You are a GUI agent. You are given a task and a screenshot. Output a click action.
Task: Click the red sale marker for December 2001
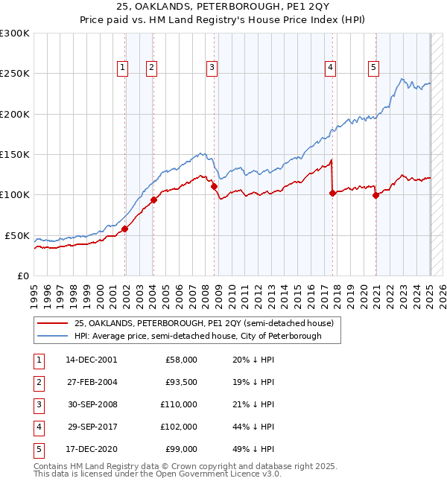(x=125, y=229)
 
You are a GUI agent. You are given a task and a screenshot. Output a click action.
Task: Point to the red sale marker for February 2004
(x=154, y=200)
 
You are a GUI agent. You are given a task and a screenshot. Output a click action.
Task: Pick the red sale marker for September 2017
(x=332, y=193)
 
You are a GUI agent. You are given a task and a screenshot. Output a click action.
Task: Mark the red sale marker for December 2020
(x=375, y=196)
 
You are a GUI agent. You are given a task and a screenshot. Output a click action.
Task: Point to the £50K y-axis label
(x=17, y=235)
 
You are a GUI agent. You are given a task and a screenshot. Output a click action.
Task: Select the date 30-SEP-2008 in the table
(x=92, y=404)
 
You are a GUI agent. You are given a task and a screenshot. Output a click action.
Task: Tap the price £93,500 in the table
(x=181, y=382)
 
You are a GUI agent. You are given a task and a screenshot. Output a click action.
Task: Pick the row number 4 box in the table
(x=38, y=427)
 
